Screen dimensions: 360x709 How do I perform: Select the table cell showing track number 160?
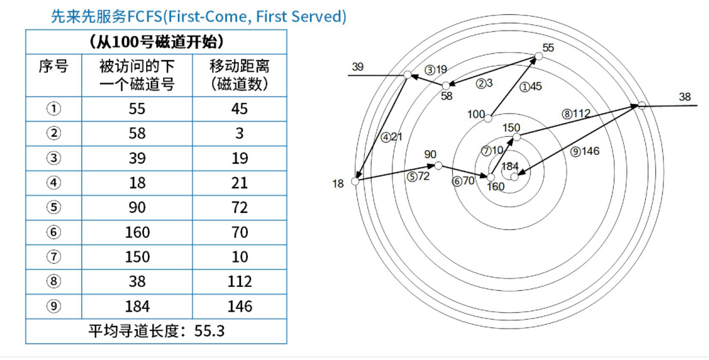click(137, 232)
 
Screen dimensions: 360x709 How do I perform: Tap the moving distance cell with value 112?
click(239, 282)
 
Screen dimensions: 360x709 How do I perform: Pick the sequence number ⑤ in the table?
click(53, 207)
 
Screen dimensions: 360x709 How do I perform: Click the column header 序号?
click(53, 67)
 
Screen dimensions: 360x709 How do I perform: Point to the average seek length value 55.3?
click(209, 331)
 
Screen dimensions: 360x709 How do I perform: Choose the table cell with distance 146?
click(239, 307)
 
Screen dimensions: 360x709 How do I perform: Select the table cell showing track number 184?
click(137, 307)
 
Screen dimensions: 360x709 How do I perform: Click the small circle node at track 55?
click(539, 56)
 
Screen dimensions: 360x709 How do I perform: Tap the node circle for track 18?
click(355, 182)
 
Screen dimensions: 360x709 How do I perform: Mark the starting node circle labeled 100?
click(488, 119)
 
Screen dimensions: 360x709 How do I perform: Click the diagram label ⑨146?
click(585, 152)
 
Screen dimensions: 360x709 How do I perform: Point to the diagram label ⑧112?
click(576, 114)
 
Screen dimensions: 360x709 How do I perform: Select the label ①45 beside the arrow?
click(530, 87)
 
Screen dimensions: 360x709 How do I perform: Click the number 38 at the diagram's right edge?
click(685, 97)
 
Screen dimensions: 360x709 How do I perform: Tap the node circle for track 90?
click(438, 166)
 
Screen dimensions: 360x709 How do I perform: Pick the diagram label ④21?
click(391, 137)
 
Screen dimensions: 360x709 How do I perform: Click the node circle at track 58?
click(446, 86)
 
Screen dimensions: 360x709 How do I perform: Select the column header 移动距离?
click(239, 67)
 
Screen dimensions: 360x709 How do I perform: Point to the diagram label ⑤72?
click(418, 176)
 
